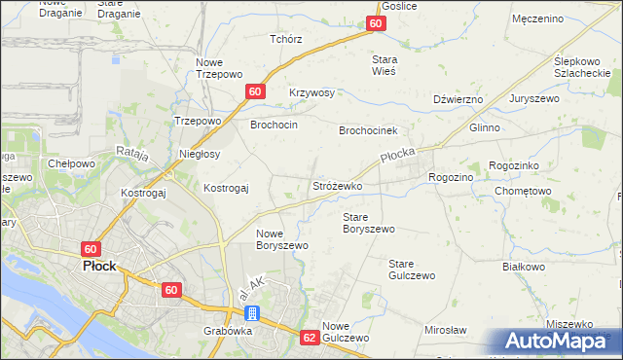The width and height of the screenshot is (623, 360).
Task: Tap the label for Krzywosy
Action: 311,92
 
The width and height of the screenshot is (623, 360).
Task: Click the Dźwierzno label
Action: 458,98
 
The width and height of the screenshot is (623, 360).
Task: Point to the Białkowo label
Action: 523,265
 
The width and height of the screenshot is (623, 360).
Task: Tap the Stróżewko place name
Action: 337,185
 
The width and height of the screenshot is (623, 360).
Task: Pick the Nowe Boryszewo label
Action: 282,239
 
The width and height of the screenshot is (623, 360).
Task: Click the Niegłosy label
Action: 200,154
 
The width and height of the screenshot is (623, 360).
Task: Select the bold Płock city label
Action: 100,266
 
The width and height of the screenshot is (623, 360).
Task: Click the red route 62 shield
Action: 310,338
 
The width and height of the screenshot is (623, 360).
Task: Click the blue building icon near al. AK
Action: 252,313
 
